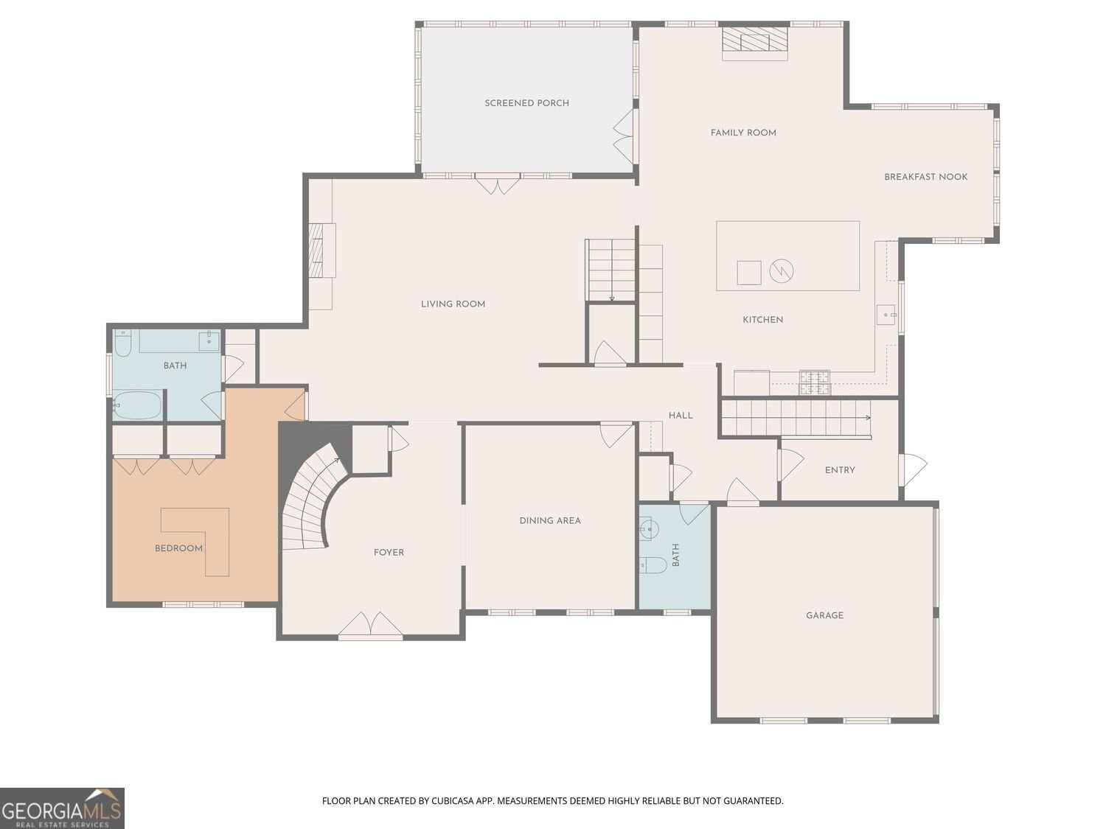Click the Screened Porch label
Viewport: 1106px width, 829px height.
[526, 103]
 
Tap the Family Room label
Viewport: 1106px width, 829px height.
[743, 133]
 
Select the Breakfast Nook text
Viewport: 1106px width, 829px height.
[925, 177]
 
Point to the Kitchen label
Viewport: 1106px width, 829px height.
[762, 320]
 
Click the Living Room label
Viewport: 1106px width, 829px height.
[453, 304]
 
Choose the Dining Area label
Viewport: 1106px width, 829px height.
[550, 520]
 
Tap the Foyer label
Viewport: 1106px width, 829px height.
[389, 552]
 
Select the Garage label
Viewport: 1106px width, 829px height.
[824, 615]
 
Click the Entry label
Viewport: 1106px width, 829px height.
[839, 470]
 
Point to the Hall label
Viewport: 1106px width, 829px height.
[681, 416]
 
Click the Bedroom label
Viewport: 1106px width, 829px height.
[178, 548]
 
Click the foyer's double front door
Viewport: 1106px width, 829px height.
[370, 624]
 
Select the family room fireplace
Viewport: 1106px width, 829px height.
[754, 43]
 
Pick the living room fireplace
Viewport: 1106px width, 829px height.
[322, 250]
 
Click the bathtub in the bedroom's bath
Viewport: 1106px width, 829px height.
[137, 405]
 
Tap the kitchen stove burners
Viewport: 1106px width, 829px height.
[814, 382]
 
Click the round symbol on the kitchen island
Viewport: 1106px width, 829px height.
[781, 271]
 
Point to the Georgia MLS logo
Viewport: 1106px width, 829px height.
[62, 808]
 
